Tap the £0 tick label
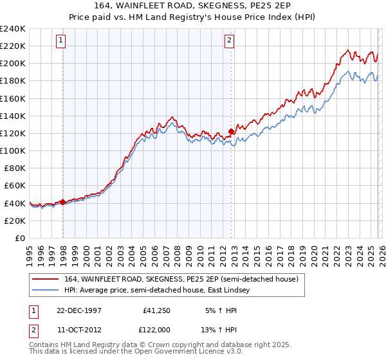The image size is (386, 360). [x=20, y=238]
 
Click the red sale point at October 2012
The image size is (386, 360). [x=231, y=132]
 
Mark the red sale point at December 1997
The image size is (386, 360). [x=63, y=202]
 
